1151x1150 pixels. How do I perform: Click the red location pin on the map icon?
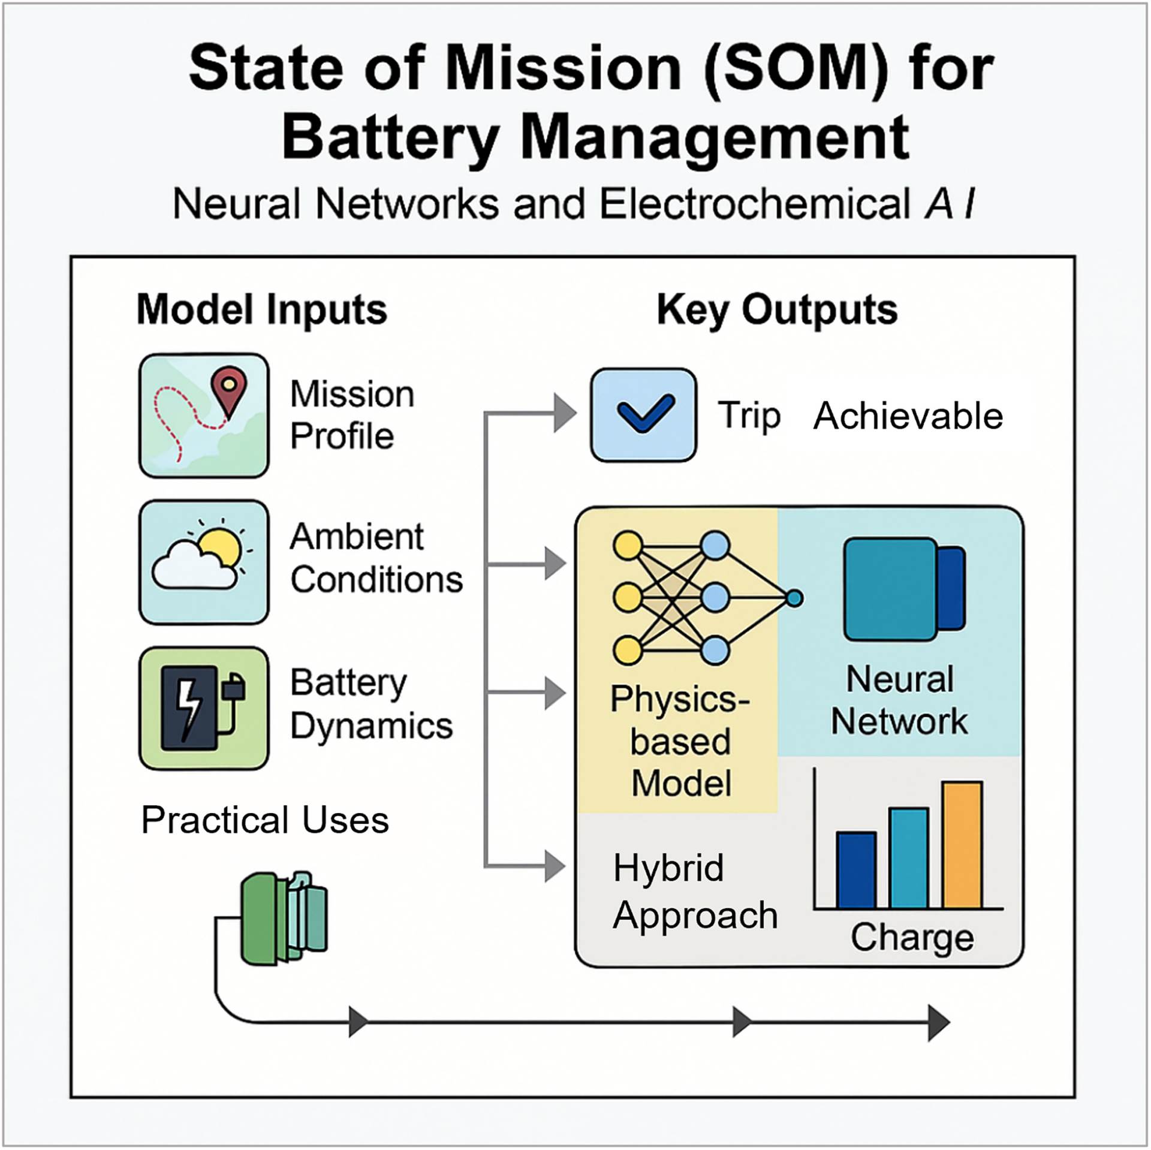[x=230, y=387]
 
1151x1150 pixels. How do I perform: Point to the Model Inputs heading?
[x=262, y=310]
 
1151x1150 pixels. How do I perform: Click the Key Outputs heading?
[x=777, y=310]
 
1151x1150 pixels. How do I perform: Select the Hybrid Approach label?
[x=694, y=892]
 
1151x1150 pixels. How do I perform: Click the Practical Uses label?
[x=265, y=820]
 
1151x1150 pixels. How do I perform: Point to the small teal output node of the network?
[x=794, y=598]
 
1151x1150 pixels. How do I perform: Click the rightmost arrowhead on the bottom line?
[x=938, y=1022]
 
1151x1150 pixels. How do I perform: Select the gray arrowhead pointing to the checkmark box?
[x=564, y=413]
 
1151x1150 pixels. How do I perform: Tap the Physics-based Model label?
[x=680, y=741]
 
